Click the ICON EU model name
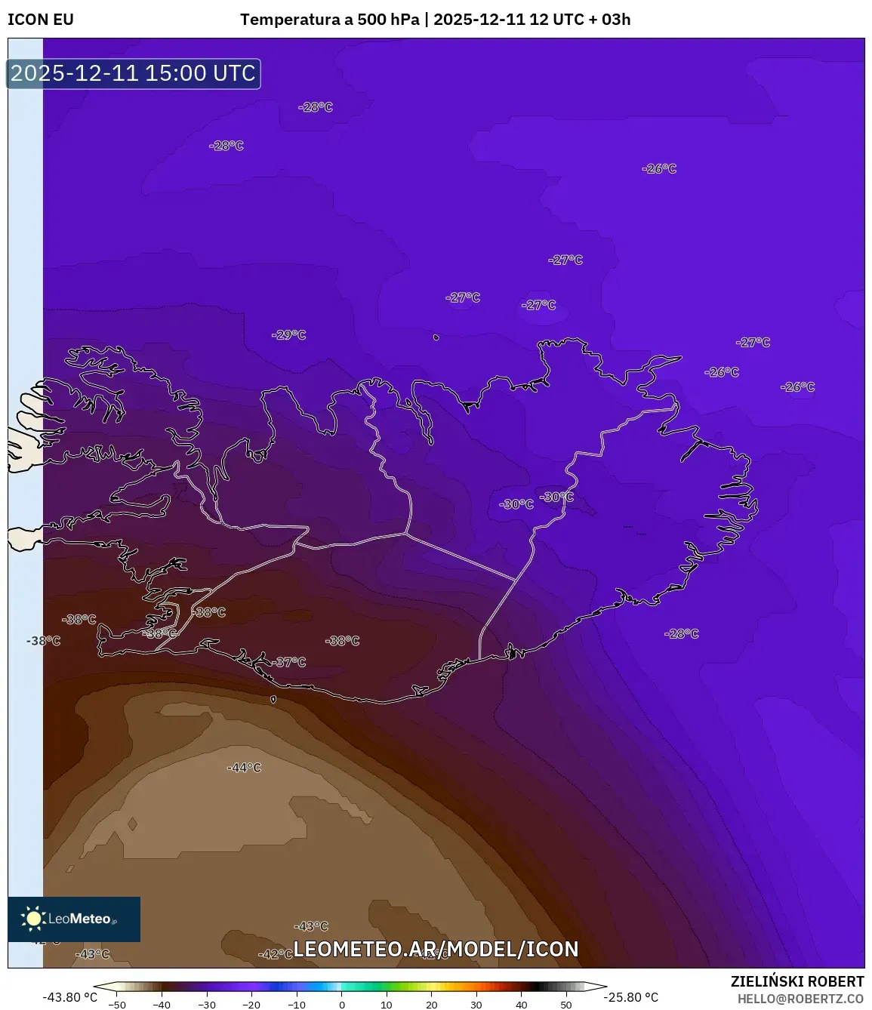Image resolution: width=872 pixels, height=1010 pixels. click(x=41, y=20)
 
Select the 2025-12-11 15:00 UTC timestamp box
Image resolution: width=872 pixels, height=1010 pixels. click(x=134, y=74)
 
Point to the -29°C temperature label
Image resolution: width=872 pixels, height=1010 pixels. click(x=289, y=335)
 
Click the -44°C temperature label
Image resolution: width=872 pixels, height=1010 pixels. click(x=245, y=768)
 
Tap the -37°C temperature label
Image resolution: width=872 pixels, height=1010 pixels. click(x=290, y=662)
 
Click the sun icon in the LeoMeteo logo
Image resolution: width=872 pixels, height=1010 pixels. click(x=33, y=919)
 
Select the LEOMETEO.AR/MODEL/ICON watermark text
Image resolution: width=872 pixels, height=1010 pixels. click(x=436, y=949)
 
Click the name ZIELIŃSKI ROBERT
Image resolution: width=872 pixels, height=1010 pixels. click(x=797, y=981)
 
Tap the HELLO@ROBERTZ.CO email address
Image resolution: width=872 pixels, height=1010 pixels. click(x=800, y=999)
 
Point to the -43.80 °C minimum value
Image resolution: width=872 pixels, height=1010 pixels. click(x=69, y=997)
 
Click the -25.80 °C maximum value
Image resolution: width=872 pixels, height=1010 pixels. click(x=631, y=997)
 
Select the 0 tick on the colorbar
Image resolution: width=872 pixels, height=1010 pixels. click(x=342, y=1004)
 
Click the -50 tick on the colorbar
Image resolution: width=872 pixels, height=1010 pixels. click(x=117, y=1004)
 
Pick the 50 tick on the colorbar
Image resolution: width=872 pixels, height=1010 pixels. click(x=566, y=1004)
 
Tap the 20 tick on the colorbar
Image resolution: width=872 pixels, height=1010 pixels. click(x=432, y=1004)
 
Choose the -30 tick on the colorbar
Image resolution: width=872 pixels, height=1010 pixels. click(x=207, y=1004)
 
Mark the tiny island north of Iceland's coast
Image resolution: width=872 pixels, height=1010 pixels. click(x=436, y=337)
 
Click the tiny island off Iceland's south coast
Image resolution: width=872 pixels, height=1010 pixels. click(x=273, y=700)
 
